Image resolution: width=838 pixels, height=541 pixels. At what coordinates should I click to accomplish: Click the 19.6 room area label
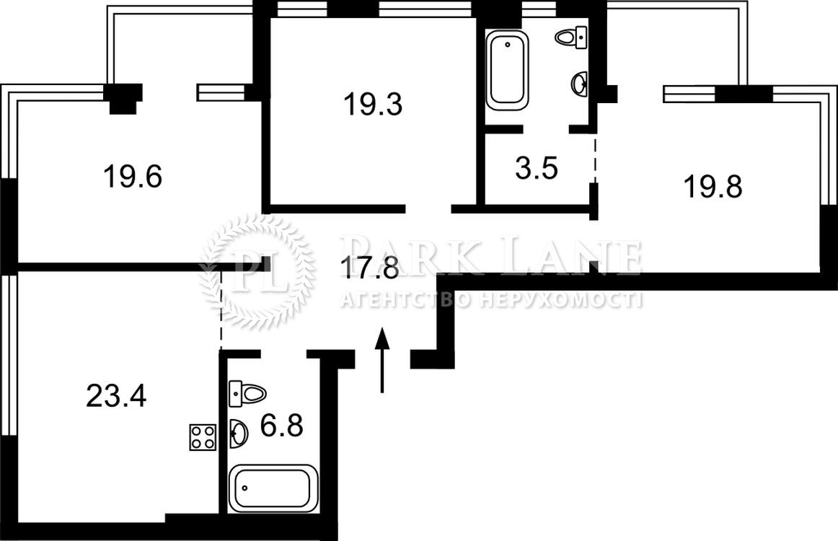point(133,177)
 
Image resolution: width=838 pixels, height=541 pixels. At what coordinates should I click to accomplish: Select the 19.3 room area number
point(373,104)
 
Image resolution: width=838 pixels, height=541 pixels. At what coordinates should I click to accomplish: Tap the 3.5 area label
point(537,168)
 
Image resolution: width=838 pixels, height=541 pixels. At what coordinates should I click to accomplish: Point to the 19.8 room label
point(713,187)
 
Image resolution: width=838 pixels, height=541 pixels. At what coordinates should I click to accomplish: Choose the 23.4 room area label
point(116,396)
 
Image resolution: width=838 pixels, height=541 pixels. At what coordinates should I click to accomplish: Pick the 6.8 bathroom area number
point(282,426)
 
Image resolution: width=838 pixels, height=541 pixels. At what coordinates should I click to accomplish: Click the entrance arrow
point(381,361)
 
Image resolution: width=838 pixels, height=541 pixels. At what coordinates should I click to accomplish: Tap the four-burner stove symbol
point(203,437)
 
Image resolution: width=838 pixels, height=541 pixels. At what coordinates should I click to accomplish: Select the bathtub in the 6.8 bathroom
point(273,488)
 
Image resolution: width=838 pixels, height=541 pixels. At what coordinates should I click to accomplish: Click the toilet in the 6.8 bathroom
point(247,394)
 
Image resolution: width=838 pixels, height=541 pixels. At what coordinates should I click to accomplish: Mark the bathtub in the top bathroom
point(507,70)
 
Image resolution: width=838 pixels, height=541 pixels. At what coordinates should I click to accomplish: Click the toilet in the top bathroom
point(571,38)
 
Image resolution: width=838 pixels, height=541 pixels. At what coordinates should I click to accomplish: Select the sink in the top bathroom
point(580,84)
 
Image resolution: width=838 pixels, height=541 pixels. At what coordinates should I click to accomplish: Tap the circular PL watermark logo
point(256,272)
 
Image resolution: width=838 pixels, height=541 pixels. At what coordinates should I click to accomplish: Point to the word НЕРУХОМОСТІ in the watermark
point(560,300)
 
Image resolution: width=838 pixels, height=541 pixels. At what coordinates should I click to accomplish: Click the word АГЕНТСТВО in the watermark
point(405,300)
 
